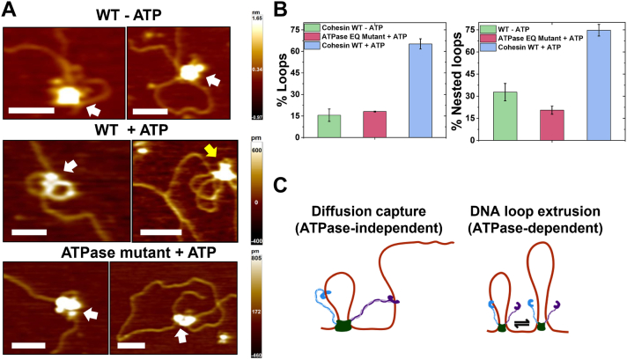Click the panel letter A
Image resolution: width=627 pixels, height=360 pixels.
11,11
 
